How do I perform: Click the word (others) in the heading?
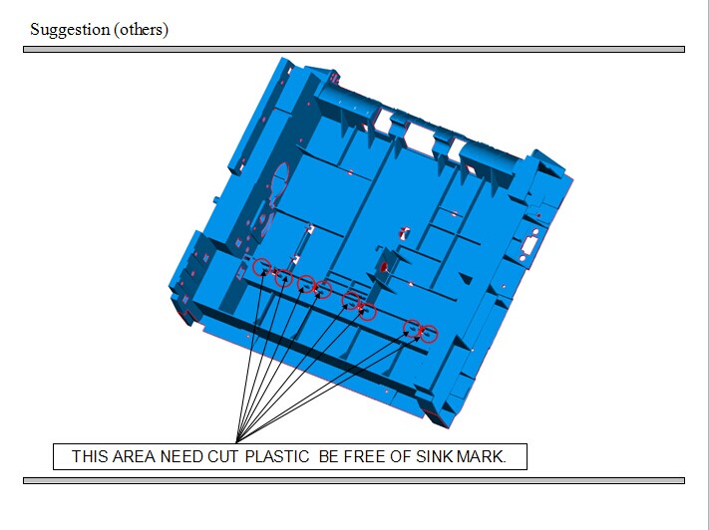[141, 29]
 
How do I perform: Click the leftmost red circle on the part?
[262, 267]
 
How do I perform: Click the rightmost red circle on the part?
[430, 334]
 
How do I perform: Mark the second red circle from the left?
[284, 277]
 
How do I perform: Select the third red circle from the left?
[306, 284]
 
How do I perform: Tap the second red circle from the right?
[412, 328]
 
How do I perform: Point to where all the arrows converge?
[239, 439]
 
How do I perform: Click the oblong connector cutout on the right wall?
[529, 245]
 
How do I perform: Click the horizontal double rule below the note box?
[354, 481]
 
